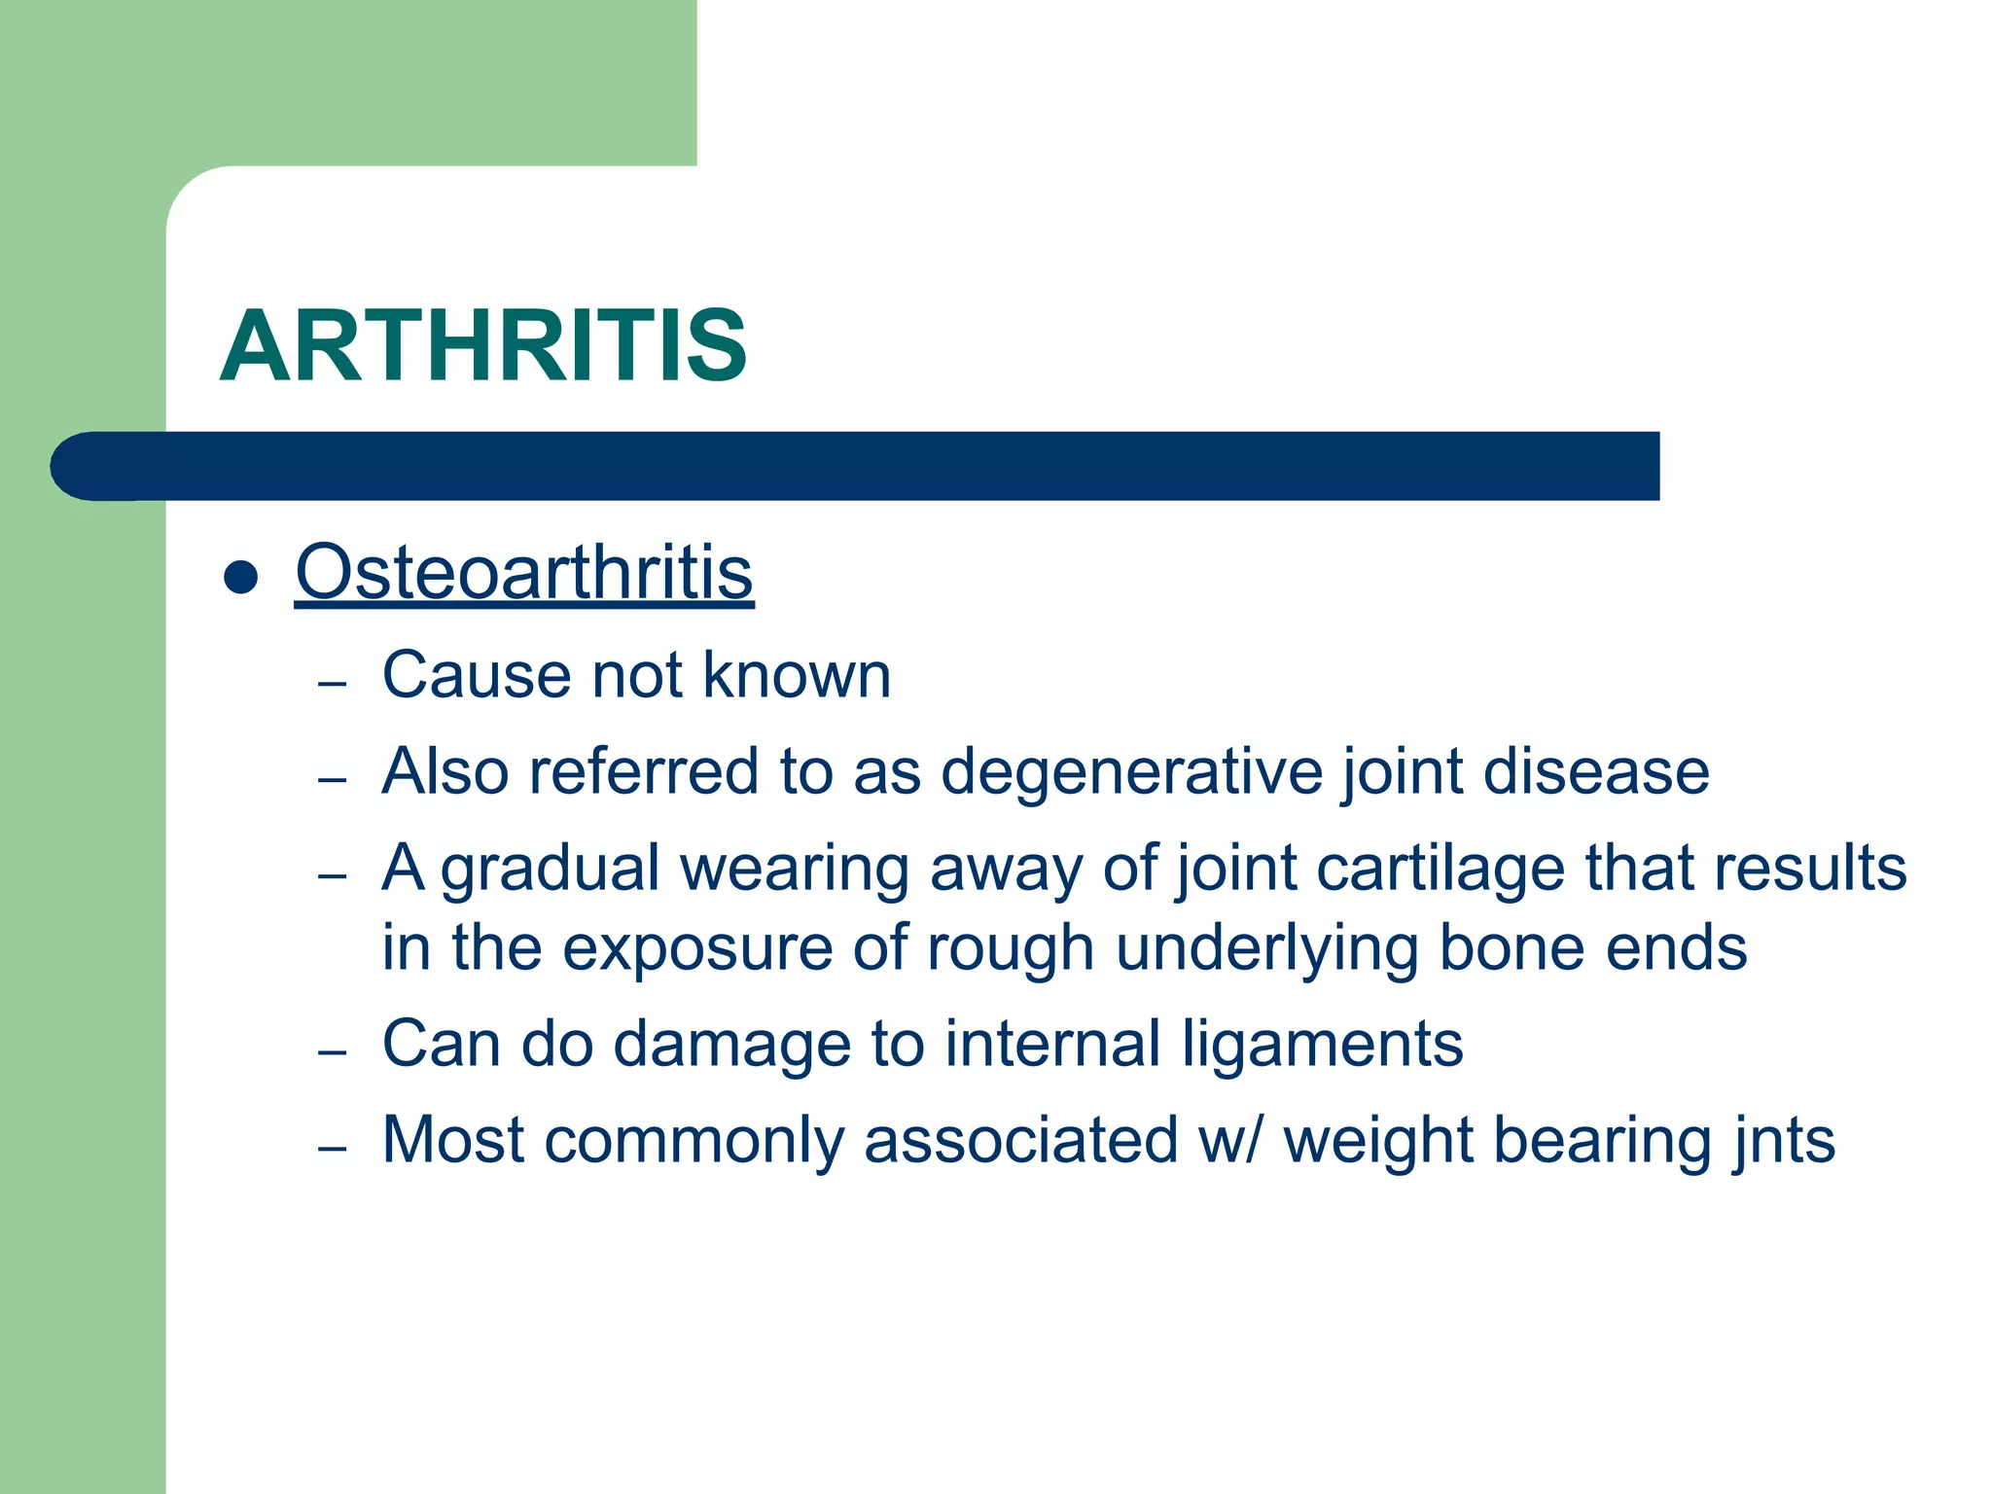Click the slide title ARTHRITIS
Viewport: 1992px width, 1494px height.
point(483,346)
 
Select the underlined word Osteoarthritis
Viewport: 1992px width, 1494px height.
point(524,573)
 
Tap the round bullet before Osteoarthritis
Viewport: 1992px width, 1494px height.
point(240,578)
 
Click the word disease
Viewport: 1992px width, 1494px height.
point(1595,771)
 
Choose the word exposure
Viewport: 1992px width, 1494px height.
point(697,949)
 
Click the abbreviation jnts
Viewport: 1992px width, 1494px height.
point(1783,1140)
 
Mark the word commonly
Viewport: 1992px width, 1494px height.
point(694,1142)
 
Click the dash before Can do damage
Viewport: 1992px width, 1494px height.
point(333,1052)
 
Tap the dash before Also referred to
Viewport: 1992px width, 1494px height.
point(333,780)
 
